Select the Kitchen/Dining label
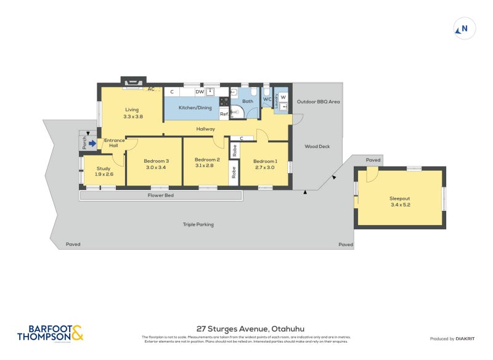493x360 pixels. [x=195, y=108]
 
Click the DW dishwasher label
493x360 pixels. [x=199, y=92]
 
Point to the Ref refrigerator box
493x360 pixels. [x=224, y=114]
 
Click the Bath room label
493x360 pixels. [x=247, y=101]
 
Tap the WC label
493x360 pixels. [x=267, y=99]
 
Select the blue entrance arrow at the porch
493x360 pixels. [x=92, y=144]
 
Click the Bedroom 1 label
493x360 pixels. [x=265, y=161]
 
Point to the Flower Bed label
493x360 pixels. [x=160, y=195]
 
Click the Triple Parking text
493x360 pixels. [x=198, y=224]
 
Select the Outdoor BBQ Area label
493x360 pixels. [x=318, y=102]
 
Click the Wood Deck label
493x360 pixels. [x=317, y=147]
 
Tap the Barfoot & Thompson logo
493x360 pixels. [x=50, y=333]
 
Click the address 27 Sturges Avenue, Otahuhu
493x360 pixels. [x=246, y=329]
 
